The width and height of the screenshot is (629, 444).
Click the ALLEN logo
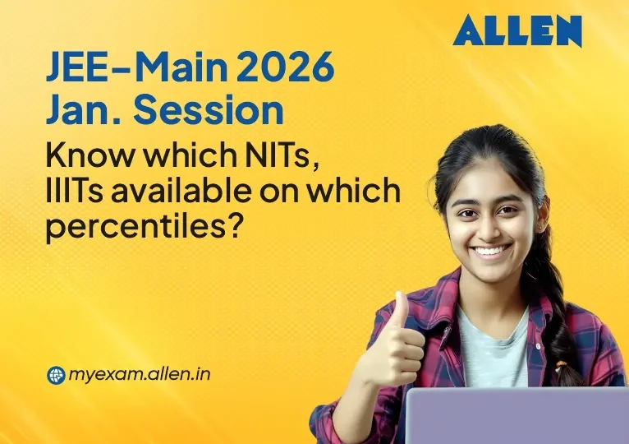(517, 31)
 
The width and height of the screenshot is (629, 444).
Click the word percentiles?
(145, 227)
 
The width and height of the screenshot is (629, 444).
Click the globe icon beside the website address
(56, 376)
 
